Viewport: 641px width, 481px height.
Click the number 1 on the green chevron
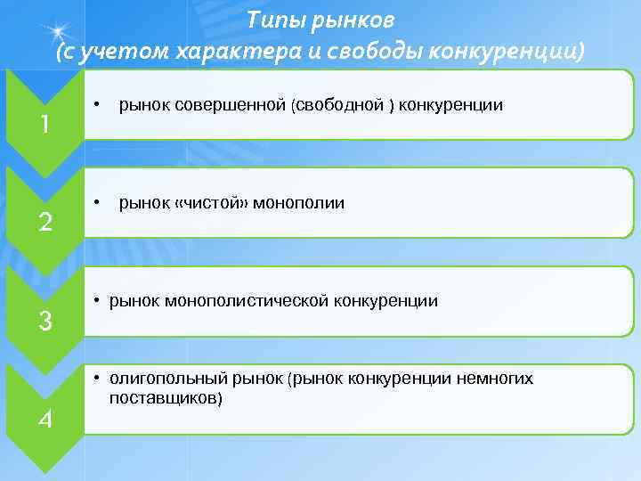pyautogui.click(x=44, y=125)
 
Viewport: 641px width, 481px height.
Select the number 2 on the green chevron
pyautogui.click(x=44, y=223)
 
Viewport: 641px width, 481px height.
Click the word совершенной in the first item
pyautogui.click(x=207, y=106)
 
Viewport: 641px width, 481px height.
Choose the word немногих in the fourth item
pyautogui.click(x=494, y=379)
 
